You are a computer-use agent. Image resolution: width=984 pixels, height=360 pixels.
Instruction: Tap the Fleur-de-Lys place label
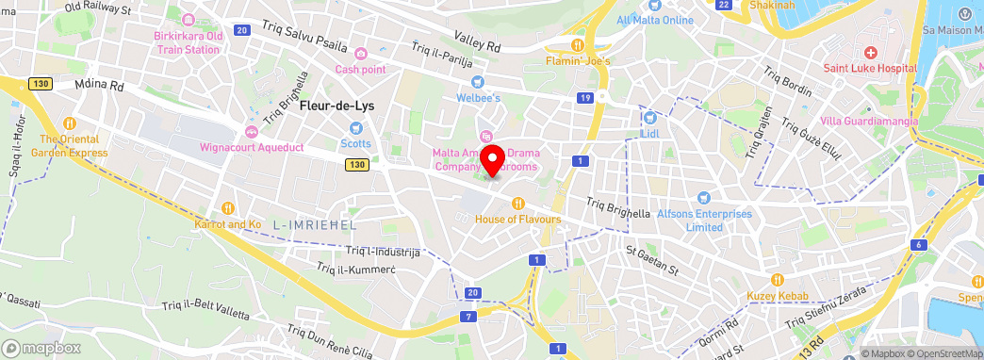click(336, 106)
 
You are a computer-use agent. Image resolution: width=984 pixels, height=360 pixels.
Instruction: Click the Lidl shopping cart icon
click(649, 118)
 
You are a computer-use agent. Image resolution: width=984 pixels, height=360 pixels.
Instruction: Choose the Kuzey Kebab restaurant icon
click(778, 279)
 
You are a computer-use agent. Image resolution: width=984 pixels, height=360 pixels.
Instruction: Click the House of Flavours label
click(518, 220)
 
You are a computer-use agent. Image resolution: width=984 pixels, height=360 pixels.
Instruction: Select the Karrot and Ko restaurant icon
click(227, 207)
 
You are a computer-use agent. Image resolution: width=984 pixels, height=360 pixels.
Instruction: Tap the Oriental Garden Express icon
click(69, 123)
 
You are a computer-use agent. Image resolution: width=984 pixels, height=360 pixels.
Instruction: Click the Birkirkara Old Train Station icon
click(189, 20)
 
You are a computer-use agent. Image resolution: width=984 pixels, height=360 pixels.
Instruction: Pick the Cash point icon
click(361, 52)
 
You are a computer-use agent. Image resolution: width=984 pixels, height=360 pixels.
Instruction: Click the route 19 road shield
click(586, 98)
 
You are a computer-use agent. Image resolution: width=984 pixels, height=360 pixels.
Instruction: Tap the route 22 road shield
click(724, 5)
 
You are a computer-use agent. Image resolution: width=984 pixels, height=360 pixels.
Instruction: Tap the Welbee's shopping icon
click(478, 81)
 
